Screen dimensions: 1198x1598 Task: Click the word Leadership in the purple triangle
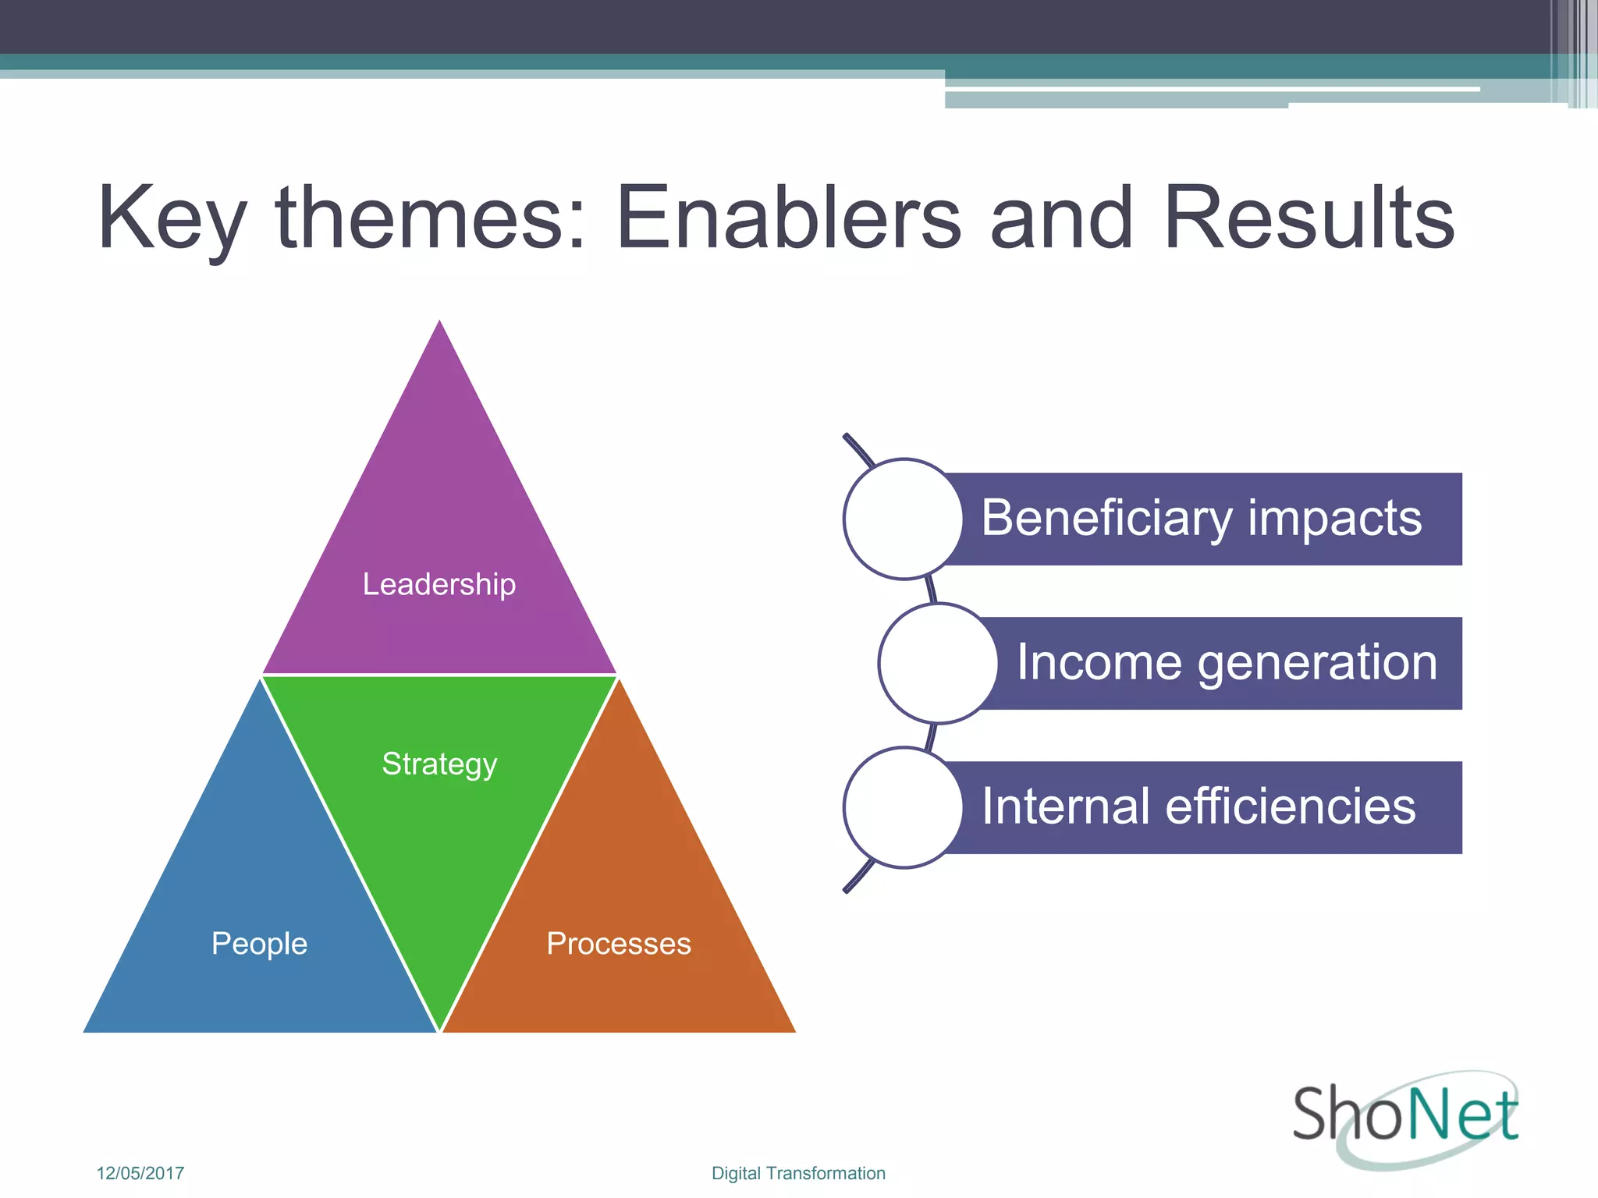439,584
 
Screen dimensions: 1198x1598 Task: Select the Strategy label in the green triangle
439,764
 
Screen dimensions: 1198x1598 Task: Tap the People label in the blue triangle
259,944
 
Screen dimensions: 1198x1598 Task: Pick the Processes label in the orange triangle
619,944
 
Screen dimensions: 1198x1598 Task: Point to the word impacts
1334,519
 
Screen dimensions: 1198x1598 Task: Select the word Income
1099,663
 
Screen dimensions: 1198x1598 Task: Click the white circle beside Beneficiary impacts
903,519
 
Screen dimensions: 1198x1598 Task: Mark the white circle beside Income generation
938,663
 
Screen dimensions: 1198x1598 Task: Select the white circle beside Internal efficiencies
903,807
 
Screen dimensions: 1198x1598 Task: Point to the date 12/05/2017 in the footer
140,1173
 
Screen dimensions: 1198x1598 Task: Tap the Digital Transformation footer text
798,1173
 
